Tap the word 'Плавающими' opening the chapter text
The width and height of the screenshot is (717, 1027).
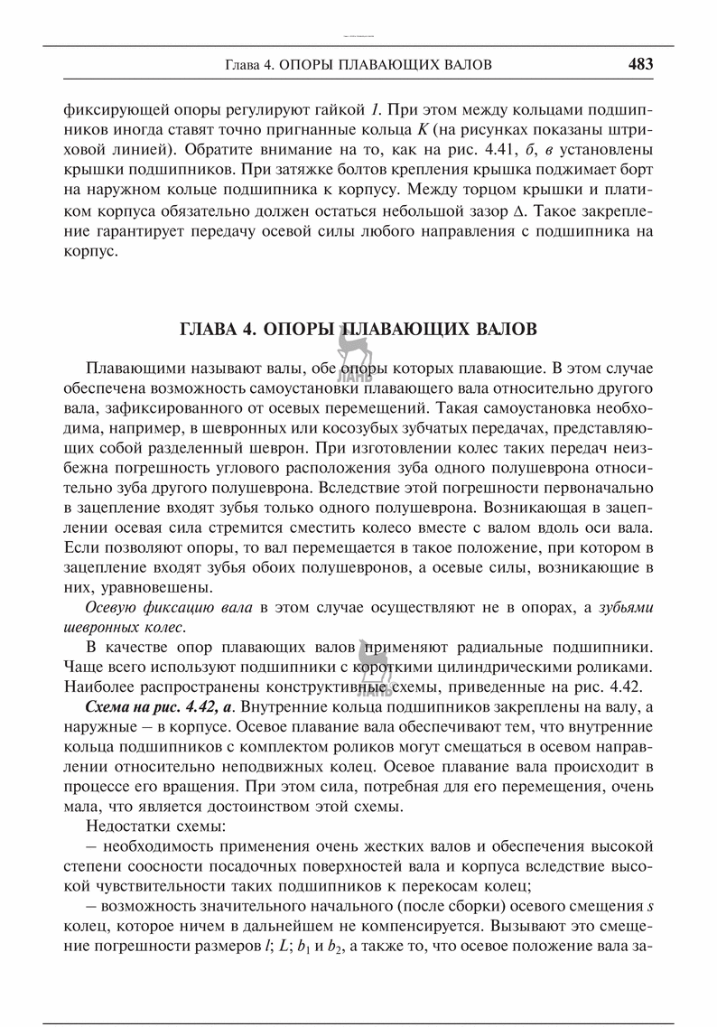click(135, 369)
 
